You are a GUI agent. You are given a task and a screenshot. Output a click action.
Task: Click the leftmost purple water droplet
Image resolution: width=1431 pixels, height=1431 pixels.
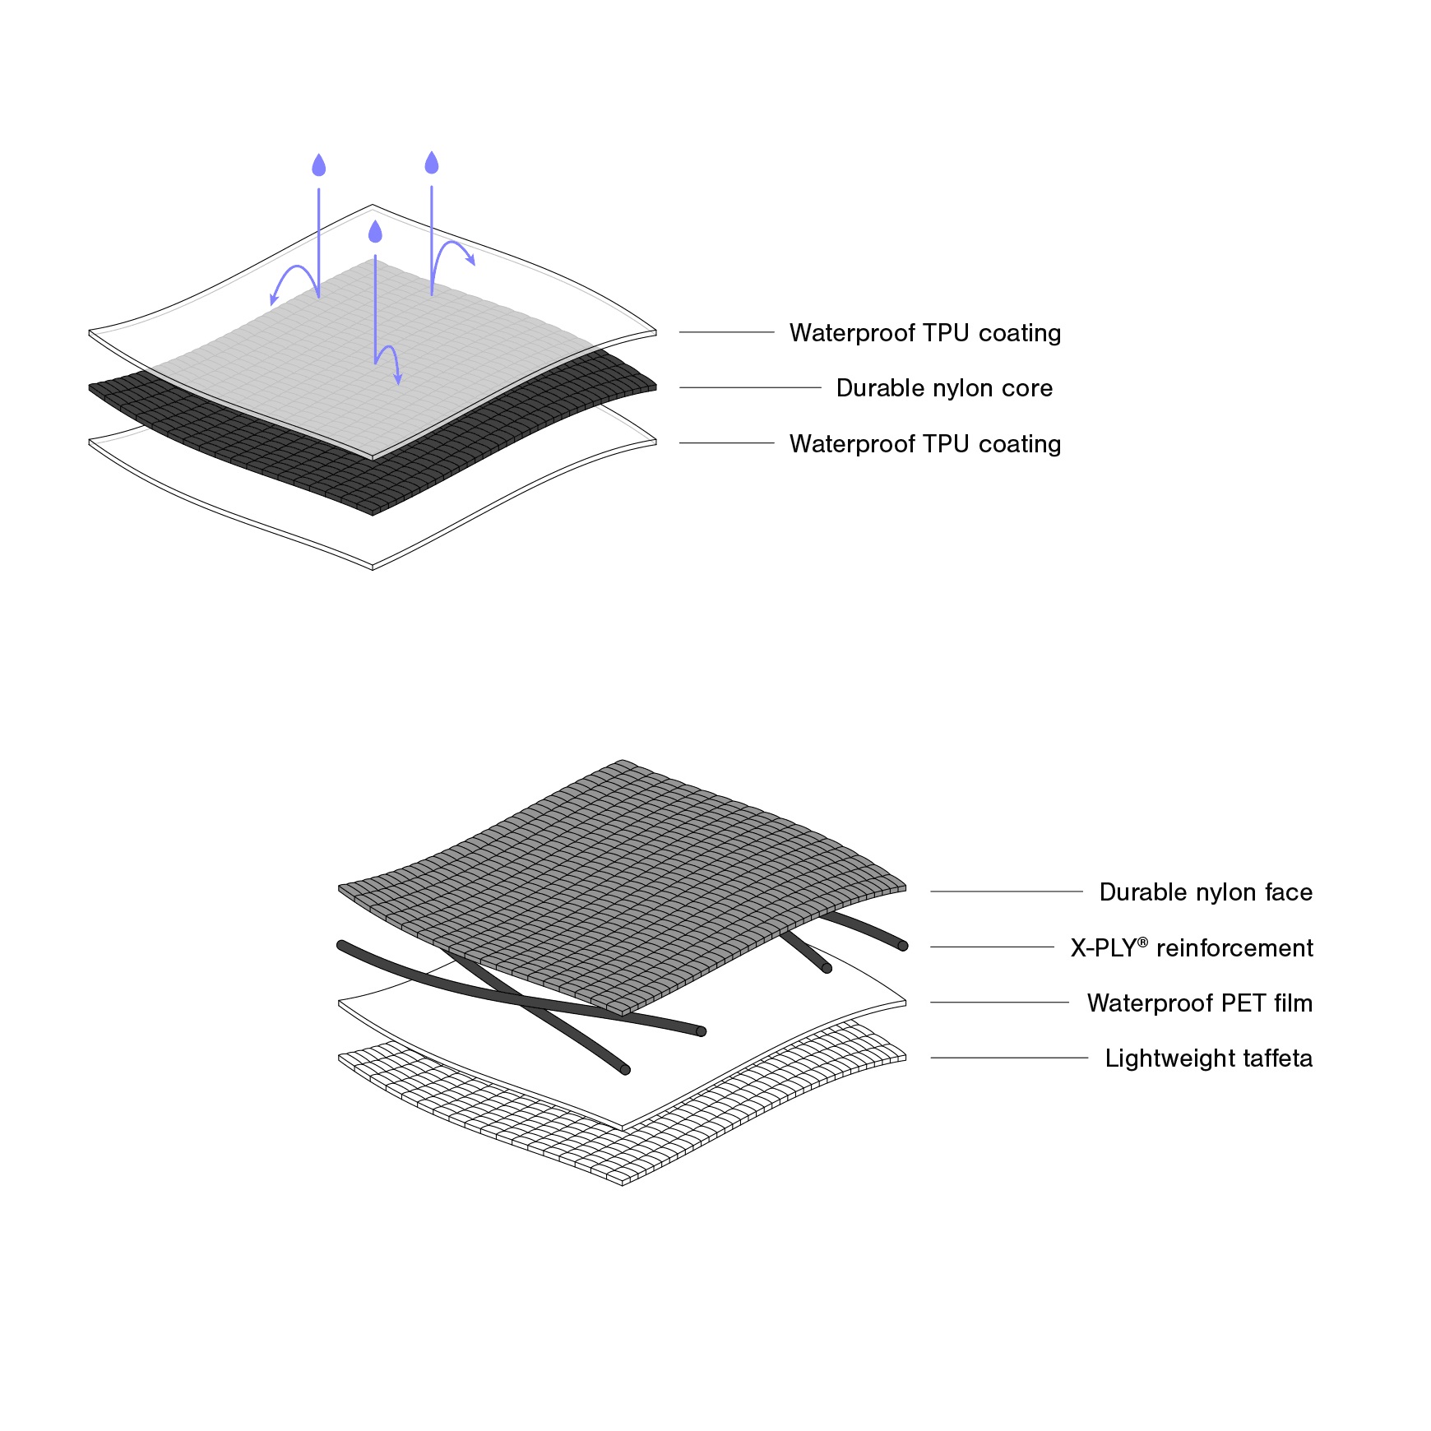(319, 166)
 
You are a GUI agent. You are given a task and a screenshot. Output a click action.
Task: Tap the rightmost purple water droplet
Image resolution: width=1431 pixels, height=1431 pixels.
(432, 164)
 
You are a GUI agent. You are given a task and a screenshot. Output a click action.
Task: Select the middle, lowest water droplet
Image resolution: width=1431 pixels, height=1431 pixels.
(376, 233)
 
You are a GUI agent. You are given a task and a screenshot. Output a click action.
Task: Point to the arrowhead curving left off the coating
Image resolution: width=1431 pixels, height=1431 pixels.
(274, 300)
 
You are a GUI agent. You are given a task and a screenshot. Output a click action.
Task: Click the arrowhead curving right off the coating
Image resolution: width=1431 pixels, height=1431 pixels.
(471, 261)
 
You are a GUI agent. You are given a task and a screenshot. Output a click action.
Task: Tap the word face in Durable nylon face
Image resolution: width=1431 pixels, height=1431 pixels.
(1288, 892)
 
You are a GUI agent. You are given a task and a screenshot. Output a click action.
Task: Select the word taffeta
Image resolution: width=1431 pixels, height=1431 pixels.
(1277, 1058)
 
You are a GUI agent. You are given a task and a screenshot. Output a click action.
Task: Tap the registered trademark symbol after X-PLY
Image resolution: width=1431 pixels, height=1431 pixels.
(1142, 942)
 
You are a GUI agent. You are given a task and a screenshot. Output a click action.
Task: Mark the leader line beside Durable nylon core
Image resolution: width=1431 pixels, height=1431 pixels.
(750, 387)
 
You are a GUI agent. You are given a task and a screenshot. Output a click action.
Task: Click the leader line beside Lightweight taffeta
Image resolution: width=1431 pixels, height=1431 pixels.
(1009, 1058)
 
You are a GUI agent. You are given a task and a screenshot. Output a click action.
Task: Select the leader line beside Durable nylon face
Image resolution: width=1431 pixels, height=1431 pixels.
(1007, 891)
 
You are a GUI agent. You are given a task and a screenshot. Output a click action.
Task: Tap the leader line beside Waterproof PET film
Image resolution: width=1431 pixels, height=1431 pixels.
(999, 1003)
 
